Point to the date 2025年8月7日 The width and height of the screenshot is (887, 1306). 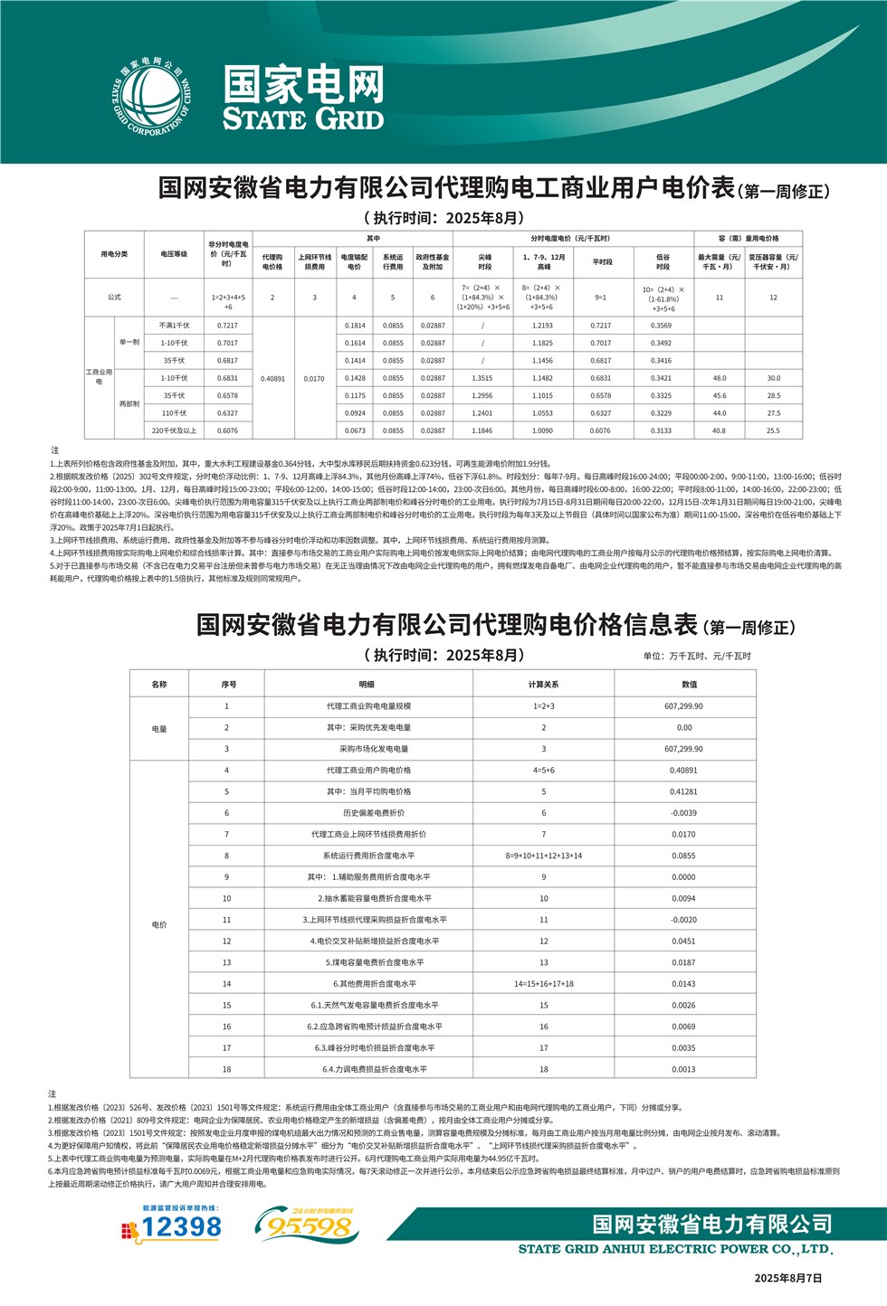(788, 1278)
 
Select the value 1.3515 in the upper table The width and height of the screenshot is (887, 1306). (482, 378)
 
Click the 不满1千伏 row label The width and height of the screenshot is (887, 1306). (174, 326)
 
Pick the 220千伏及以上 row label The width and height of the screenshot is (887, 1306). (174, 431)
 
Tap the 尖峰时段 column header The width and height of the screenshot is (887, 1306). (484, 261)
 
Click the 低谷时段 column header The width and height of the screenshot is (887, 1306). (663, 261)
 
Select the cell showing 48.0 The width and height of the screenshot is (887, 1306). (720, 378)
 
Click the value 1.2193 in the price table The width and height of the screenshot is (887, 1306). (542, 326)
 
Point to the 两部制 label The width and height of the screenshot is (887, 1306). (129, 404)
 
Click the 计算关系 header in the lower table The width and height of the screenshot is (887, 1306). (543, 684)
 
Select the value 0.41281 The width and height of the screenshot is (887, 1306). (683, 791)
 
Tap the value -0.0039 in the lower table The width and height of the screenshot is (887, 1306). (683, 813)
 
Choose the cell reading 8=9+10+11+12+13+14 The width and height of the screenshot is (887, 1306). (543, 856)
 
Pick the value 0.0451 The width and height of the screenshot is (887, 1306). (683, 941)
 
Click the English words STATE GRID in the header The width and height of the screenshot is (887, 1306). (303, 119)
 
